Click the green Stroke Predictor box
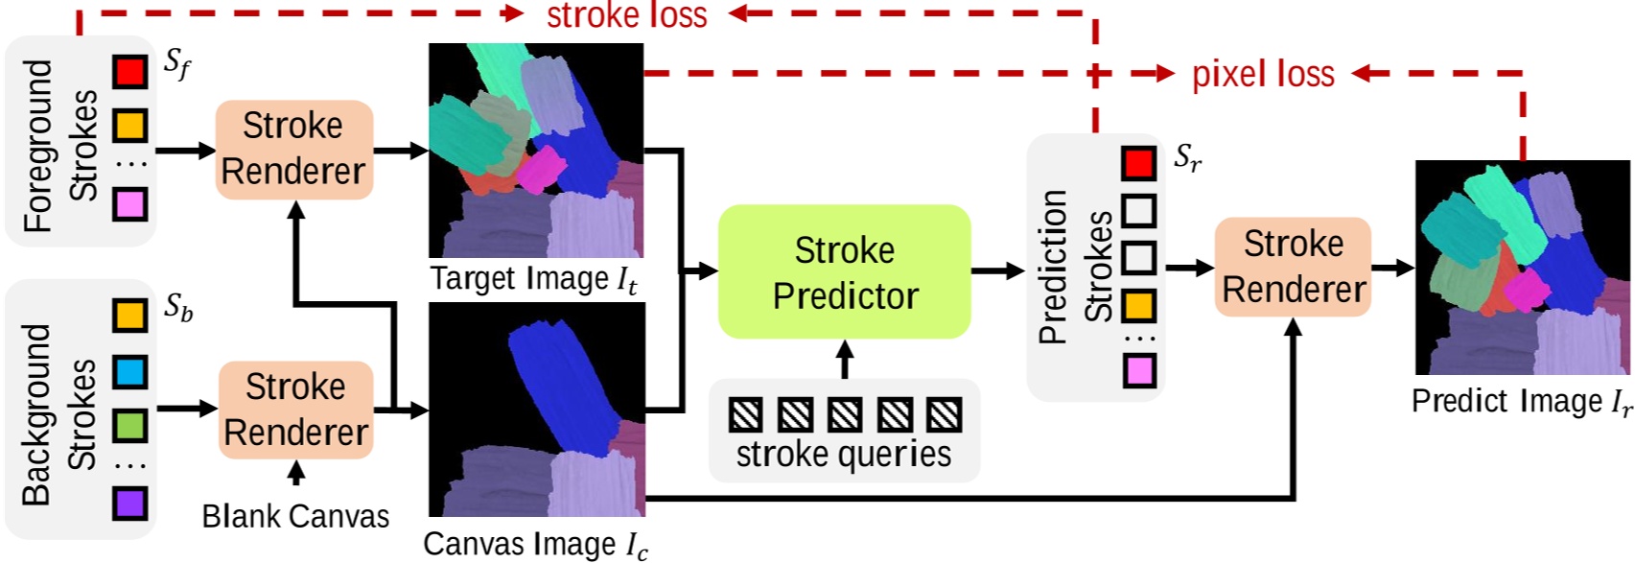844,272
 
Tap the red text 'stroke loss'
627,15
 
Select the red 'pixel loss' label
1263,74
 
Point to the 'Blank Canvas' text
295,517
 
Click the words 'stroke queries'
844,455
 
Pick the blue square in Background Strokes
130,370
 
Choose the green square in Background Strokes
130,425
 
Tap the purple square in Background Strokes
130,503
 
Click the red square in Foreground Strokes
130,71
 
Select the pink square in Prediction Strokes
1139,370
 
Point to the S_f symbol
177,64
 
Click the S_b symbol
178,308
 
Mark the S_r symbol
1187,158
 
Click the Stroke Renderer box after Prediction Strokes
1293,267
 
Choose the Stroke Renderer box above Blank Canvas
295,410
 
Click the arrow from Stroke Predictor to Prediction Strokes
998,271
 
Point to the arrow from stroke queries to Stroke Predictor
844,360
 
